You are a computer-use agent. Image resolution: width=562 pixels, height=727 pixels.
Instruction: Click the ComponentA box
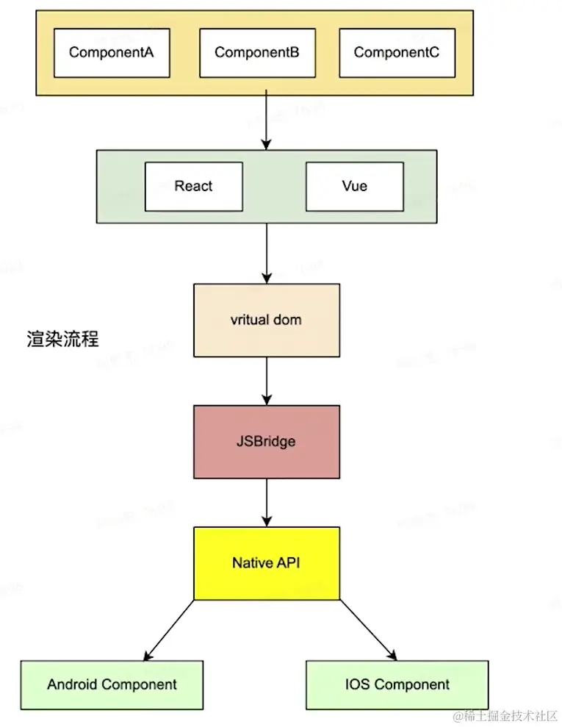(x=111, y=53)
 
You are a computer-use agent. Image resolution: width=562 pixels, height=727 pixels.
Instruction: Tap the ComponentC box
(x=396, y=53)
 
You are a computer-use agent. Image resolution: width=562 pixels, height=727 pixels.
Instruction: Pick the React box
(x=193, y=186)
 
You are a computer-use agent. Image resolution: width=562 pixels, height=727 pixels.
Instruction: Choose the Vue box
(x=354, y=186)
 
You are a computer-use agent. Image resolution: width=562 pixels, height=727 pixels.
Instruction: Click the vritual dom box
(x=266, y=320)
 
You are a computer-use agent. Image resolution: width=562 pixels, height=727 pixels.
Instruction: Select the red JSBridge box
(x=266, y=442)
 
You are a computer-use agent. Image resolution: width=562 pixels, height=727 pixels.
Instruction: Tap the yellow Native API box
(x=266, y=563)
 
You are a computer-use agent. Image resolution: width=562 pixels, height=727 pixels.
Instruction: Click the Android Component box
(x=112, y=684)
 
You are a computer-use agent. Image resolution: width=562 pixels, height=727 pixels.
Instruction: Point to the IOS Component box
(x=397, y=684)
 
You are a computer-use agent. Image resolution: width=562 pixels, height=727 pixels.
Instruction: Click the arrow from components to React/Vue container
(x=266, y=122)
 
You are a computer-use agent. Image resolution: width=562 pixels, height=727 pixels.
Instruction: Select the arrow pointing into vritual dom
(x=266, y=253)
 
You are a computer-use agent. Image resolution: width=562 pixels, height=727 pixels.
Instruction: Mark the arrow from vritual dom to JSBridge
(x=266, y=381)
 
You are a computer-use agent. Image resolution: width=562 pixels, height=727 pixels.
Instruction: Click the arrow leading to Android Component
(x=170, y=629)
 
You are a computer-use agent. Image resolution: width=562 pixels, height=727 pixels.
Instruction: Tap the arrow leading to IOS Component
(x=367, y=629)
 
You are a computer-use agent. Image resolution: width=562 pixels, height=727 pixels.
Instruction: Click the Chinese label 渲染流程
(x=62, y=340)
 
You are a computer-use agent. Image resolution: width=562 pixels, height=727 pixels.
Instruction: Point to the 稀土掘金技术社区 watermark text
(x=509, y=715)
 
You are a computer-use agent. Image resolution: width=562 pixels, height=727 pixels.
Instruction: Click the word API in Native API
(x=288, y=563)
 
